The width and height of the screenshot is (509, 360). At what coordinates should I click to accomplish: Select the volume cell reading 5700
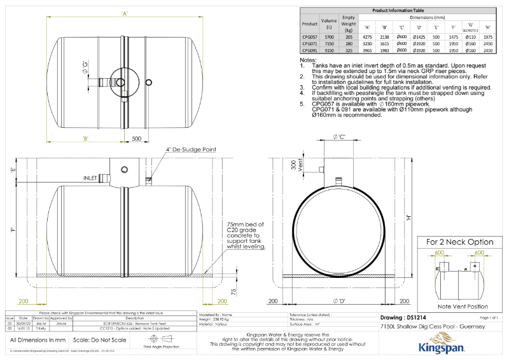click(329, 38)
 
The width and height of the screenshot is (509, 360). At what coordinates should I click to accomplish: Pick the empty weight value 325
click(348, 50)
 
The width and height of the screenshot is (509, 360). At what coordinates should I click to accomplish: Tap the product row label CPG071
click(309, 44)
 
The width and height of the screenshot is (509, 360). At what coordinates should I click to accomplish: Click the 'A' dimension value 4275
click(367, 38)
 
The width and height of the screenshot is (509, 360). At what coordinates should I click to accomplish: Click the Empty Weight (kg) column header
click(348, 25)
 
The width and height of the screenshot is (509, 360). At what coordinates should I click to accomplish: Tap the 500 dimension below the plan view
click(136, 137)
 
